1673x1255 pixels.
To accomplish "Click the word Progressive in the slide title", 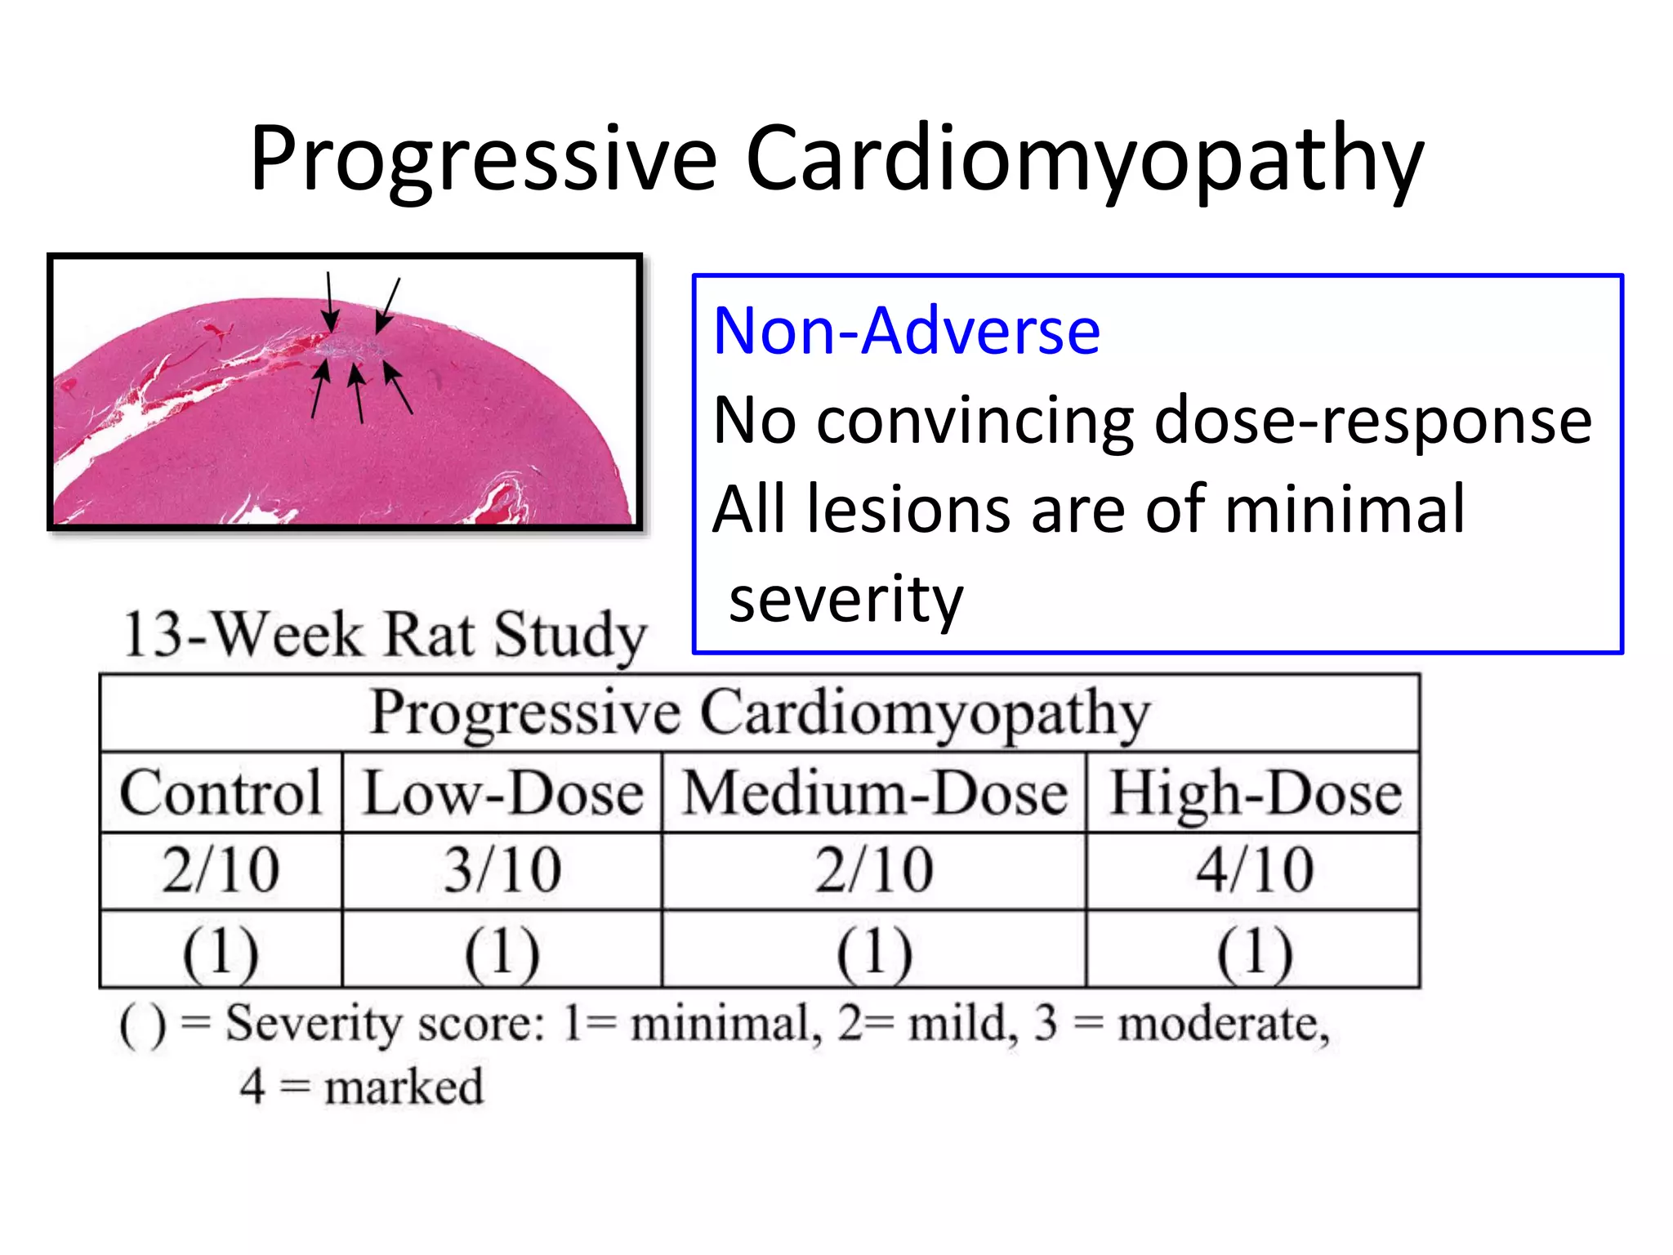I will (483, 159).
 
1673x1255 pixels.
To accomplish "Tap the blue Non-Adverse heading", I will (906, 331).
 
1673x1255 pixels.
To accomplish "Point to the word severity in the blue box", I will (845, 598).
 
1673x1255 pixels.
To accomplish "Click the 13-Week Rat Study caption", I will (384, 635).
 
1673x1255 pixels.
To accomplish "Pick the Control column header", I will (221, 793).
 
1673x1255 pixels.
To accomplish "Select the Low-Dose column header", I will (502, 793).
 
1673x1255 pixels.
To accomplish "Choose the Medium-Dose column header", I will (874, 793).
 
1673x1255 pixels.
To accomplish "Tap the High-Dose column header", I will (1255, 793).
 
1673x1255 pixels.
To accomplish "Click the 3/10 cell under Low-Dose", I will (502, 870).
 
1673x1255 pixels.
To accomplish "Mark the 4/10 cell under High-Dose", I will (1255, 870).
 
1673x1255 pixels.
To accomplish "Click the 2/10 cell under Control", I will (221, 870).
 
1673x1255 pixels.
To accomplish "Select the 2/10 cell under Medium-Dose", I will (874, 870).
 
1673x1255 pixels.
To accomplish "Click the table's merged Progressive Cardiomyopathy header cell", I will (760, 713).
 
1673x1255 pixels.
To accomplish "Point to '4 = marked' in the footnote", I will (361, 1088).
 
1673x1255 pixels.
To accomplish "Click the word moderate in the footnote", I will (1222, 1024).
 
